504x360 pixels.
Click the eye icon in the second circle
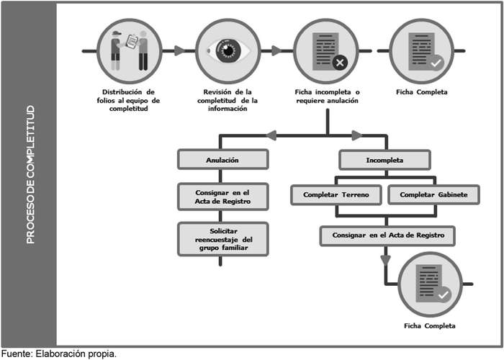228,51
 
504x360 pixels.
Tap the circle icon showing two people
130,51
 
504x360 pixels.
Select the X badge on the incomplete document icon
341,63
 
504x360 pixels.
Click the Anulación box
223,159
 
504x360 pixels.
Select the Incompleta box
385,160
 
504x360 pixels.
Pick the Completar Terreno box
336,195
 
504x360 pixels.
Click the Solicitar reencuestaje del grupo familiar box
223,238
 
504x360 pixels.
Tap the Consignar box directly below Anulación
223,197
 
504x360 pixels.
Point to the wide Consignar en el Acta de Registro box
388,235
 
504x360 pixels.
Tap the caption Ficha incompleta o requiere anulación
327,96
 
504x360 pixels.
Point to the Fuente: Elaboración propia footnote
58,354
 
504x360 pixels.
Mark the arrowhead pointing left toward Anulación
271,135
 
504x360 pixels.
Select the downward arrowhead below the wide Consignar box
386,259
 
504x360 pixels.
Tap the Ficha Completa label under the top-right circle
422,92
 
